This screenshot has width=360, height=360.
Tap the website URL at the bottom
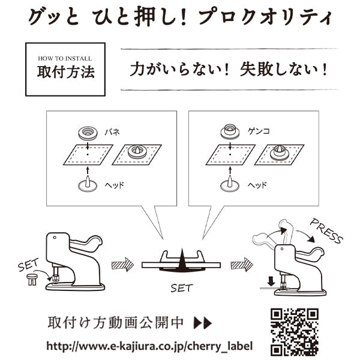(x=149, y=346)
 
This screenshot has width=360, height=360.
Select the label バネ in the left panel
(x=113, y=130)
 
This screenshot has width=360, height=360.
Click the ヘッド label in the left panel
(x=113, y=185)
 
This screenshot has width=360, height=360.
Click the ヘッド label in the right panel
(x=257, y=185)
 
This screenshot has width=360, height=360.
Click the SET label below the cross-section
(x=181, y=288)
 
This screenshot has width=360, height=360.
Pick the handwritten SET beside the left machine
(x=29, y=265)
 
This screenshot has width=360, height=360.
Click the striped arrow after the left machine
(x=122, y=264)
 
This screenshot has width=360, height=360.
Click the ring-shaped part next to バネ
(x=87, y=132)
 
